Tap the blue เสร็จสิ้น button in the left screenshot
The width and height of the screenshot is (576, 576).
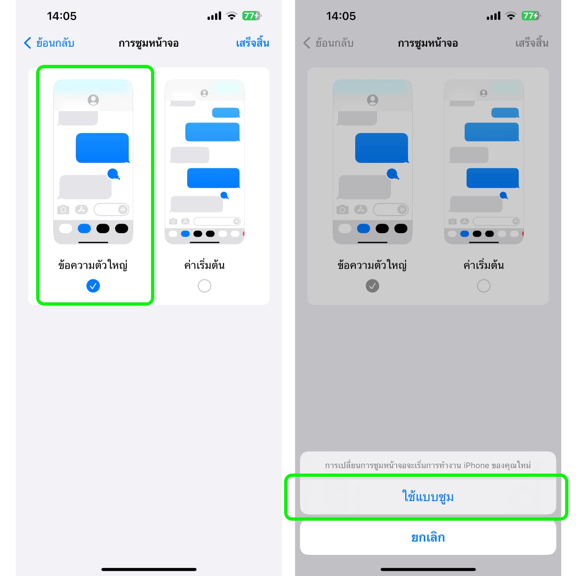(252, 43)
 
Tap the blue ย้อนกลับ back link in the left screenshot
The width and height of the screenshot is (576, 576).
(49, 43)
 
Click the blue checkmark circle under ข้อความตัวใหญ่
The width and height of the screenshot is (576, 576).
(93, 286)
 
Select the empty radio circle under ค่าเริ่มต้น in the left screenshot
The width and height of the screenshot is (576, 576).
(204, 286)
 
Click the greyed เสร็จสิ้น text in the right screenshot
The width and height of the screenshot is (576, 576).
(532, 43)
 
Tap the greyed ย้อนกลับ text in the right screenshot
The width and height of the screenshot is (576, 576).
(328, 43)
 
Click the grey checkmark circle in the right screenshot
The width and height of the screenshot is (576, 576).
(372, 286)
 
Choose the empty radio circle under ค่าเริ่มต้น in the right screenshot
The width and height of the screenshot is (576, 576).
(484, 286)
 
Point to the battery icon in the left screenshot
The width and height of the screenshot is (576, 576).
(252, 16)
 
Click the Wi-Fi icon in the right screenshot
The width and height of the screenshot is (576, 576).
(511, 16)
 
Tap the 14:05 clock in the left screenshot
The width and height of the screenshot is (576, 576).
(62, 16)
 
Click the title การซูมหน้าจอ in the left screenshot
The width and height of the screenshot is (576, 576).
(148, 43)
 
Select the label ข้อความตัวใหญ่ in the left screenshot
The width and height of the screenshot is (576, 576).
(93, 265)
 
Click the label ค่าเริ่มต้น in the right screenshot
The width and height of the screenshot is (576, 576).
(484, 265)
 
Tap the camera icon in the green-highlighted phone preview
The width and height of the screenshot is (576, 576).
(63, 210)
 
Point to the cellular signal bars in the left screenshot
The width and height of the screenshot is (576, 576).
(214, 16)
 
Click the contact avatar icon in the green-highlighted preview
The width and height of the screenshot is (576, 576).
(93, 100)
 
